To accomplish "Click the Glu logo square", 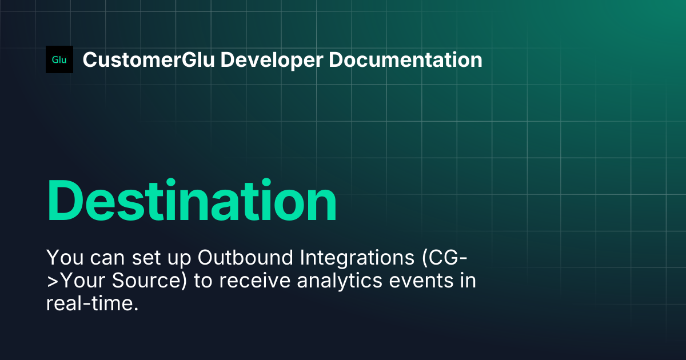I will [59, 59].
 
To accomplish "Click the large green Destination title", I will [192, 201].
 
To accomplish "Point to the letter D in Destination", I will [66, 201].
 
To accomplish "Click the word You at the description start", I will [60, 258].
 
